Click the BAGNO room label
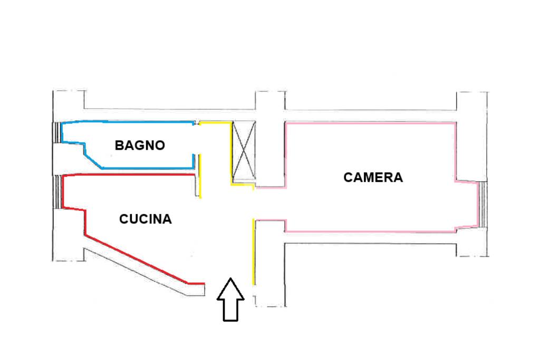(x=140, y=145)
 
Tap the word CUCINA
(x=146, y=219)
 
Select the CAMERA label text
(x=373, y=178)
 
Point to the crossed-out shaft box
(x=244, y=151)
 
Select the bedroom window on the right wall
(x=483, y=205)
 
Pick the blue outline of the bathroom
(x=127, y=121)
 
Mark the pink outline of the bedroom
(x=369, y=123)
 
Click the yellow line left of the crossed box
(x=232, y=153)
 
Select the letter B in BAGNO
(x=119, y=145)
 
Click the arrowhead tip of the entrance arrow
(x=230, y=279)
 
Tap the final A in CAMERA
(x=398, y=178)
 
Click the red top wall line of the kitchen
(x=127, y=174)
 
